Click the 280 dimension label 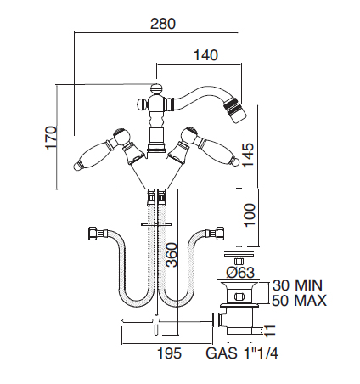coord(163,24)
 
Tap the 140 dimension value coord(205,55)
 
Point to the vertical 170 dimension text coord(51,138)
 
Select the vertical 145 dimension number coord(248,155)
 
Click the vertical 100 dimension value coord(250,215)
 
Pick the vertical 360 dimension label coord(172,255)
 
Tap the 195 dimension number coord(169,353)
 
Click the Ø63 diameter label coord(240,273)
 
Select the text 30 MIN coord(297,285)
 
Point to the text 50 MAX coord(299,301)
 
